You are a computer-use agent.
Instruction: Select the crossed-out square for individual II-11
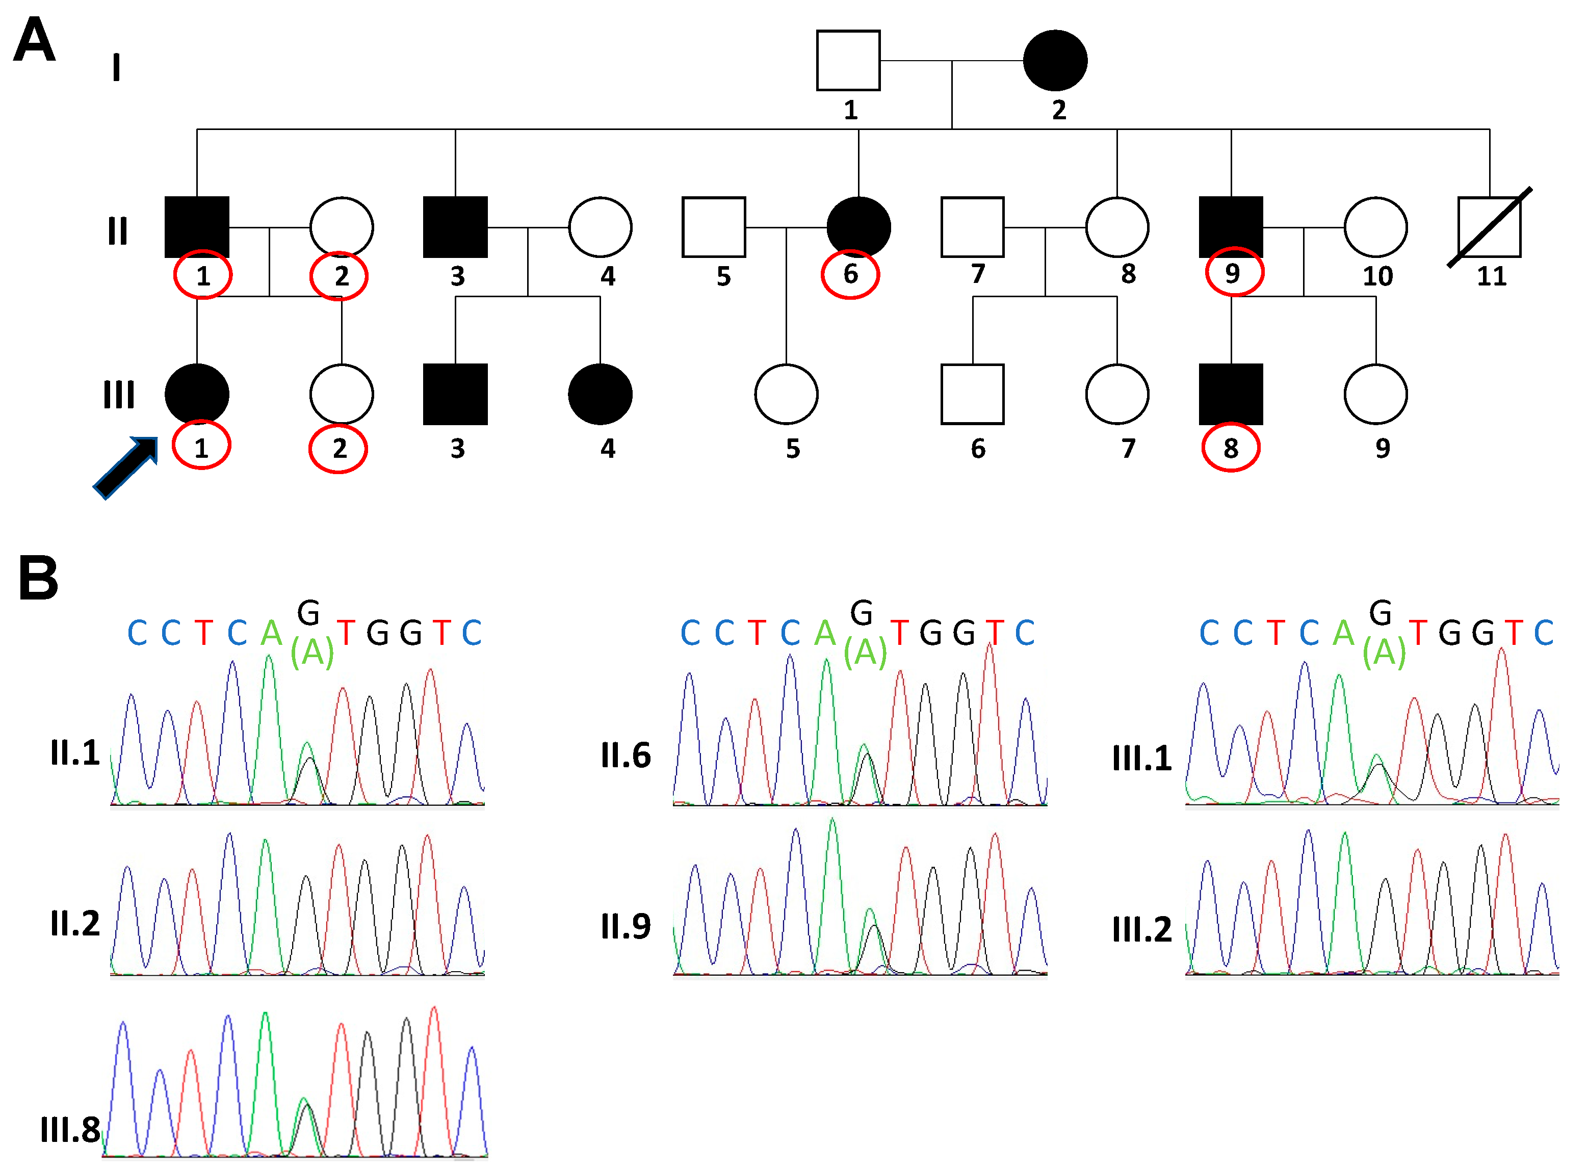coord(1490,227)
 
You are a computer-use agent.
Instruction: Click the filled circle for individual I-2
coord(1055,60)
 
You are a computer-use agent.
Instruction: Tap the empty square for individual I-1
coord(848,60)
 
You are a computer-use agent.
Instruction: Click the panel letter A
coord(34,40)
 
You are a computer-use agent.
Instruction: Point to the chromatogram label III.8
coord(69,1130)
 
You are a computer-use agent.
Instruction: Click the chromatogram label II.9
coord(626,926)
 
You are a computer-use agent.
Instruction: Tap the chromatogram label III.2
coord(1142,929)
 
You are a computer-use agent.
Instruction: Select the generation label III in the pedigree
coord(118,395)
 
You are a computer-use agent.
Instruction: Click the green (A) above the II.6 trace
coord(865,652)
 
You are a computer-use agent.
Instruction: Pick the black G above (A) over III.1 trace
coord(1380,613)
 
